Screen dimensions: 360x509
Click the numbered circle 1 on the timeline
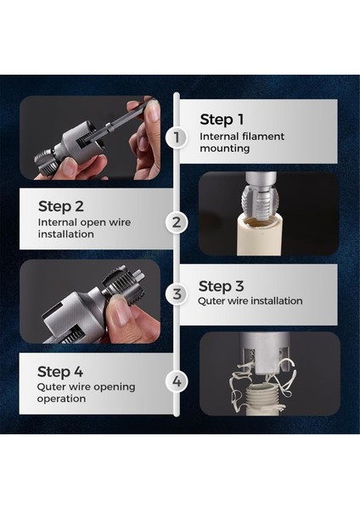tap(176, 137)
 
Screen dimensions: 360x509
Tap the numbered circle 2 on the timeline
tap(177, 222)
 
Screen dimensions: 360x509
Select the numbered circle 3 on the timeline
tap(177, 294)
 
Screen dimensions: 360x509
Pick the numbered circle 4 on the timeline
tap(177, 381)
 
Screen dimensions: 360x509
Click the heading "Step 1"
tap(222, 120)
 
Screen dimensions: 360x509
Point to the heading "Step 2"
tap(61, 206)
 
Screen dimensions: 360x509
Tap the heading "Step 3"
tap(221, 287)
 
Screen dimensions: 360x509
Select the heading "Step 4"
tap(60, 372)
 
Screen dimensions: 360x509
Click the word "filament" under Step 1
tap(263, 137)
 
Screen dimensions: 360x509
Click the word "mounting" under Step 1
tap(225, 148)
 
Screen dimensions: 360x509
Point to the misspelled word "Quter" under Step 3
tap(211, 301)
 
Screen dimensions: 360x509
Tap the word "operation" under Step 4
tap(61, 399)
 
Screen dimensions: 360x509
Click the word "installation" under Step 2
tap(66, 234)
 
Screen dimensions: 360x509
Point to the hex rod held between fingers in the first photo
tap(130, 120)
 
